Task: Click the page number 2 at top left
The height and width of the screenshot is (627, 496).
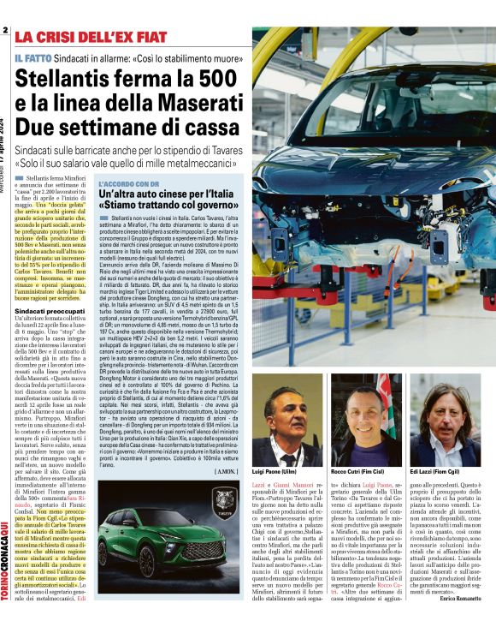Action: pos(5,32)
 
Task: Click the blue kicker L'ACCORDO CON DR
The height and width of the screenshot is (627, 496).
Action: pos(129,183)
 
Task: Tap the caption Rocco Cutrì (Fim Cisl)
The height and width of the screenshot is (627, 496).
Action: pos(358,472)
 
